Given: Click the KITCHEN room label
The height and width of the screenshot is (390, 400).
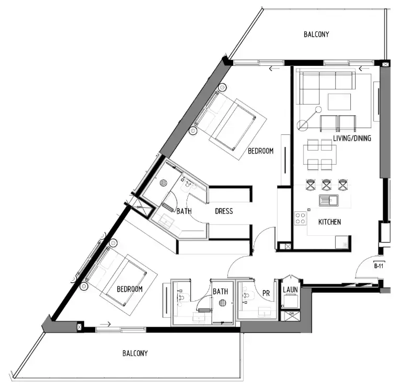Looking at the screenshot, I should coord(329,222).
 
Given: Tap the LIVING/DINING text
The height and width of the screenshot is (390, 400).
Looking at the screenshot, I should coord(352,139).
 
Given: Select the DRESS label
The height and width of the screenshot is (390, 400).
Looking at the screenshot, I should coord(224,212).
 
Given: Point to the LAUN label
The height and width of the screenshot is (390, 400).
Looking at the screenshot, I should coord(290,289).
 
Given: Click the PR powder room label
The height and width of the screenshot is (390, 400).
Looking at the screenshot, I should coord(266,294).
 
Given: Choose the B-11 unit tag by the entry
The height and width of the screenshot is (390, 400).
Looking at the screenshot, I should coord(379,266).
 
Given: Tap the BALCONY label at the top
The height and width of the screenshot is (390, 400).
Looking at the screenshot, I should coord(316,35).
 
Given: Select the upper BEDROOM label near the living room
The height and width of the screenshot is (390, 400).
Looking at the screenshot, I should coord(260,151).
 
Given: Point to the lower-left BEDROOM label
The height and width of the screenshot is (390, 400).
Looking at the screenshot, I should coord(129,289).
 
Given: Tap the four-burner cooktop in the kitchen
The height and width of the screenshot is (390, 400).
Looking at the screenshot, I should coord(301,218).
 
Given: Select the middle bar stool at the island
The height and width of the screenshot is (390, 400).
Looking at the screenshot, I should coord(327,185).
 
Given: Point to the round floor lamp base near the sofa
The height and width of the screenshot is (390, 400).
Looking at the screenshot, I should coord(303,125).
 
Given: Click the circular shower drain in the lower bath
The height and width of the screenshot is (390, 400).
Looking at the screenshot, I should coord(222,303).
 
